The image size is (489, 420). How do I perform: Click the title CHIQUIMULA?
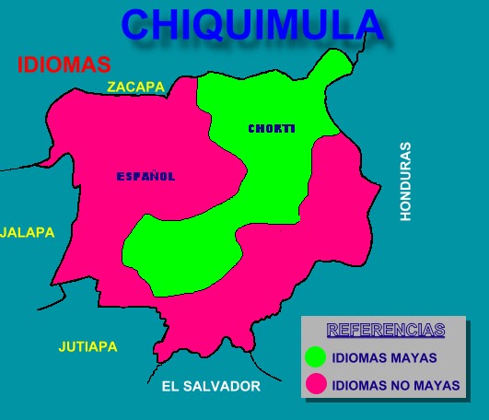[251, 25]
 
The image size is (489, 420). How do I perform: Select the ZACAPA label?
[135, 87]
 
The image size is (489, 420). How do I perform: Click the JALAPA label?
[27, 232]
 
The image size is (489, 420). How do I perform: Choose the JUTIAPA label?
[87, 347]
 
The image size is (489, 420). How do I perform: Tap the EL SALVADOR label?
[210, 387]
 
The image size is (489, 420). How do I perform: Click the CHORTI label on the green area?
[271, 129]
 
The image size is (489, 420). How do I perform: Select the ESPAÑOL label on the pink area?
[146, 176]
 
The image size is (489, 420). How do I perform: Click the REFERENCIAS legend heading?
[386, 330]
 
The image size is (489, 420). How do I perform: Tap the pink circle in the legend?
[317, 384]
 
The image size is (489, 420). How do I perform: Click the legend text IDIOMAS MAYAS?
[384, 357]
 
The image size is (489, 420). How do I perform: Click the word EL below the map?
[169, 387]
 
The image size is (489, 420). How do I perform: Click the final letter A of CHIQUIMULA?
[365, 25]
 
